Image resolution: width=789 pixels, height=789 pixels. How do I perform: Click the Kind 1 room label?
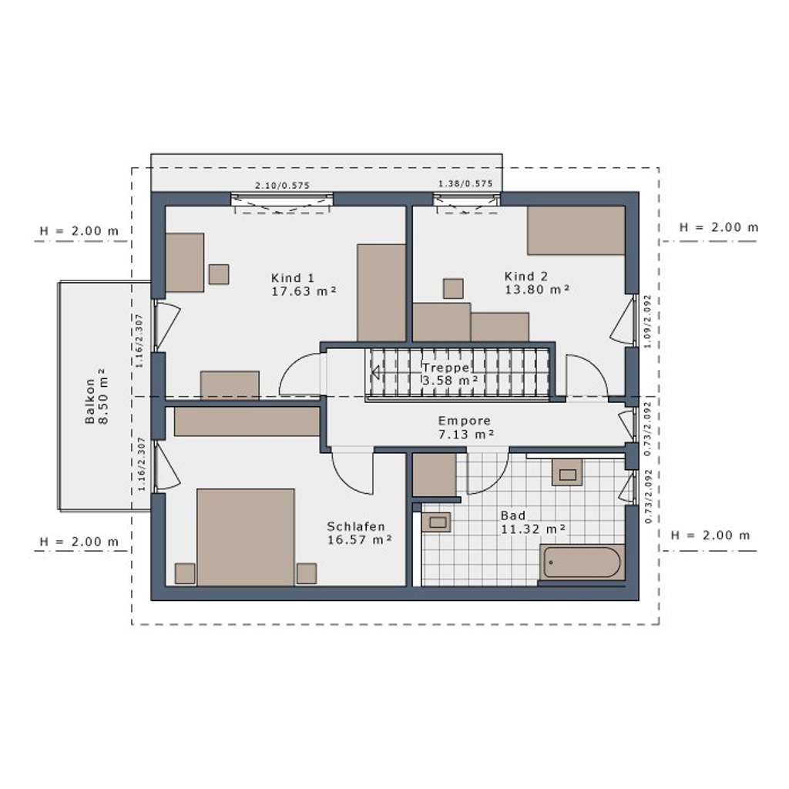pos(293,277)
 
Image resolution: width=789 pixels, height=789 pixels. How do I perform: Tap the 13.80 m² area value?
pos(537,290)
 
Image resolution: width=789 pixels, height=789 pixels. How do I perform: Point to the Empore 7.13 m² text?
pos(465,428)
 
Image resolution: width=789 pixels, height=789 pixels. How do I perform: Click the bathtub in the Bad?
pos(582,562)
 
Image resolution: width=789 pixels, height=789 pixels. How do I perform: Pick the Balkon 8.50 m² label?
pos(96,396)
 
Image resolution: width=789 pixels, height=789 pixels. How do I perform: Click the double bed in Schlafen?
pos(246,536)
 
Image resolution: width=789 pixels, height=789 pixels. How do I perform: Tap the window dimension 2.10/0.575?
pos(283,185)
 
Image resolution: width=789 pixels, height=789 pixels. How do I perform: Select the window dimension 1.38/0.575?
pos(465,184)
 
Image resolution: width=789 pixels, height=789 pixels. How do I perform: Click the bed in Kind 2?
pos(576,230)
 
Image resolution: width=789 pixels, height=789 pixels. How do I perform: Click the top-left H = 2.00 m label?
pos(79,230)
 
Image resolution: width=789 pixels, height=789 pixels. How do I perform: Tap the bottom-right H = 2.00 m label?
pos(710,536)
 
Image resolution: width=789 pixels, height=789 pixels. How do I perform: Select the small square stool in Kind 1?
pos(219,274)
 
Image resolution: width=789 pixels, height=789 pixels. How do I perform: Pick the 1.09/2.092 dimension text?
pos(648,318)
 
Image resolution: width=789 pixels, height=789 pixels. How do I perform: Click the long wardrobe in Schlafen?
pos(247,421)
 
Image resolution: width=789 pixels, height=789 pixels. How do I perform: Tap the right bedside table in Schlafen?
pos(307,573)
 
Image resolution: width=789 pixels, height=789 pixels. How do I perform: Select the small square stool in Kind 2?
pos(453,288)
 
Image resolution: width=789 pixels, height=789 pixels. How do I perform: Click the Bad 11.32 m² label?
pos(533,522)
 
